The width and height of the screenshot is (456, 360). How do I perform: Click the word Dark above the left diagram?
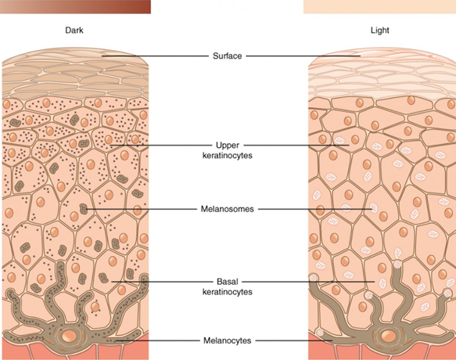click(74, 31)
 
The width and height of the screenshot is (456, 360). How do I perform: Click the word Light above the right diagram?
click(380, 31)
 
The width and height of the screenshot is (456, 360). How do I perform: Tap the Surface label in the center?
click(227, 56)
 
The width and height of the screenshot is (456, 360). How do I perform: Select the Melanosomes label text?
click(227, 209)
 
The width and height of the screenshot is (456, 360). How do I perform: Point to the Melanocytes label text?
click(227, 340)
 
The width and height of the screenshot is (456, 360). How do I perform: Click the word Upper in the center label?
click(228, 146)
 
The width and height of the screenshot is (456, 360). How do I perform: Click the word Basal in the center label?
click(228, 282)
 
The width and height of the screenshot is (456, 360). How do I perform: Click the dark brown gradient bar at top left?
click(75, 7)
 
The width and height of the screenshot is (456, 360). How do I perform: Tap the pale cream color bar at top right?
click(379, 7)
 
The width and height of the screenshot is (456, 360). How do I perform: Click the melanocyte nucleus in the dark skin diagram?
click(69, 336)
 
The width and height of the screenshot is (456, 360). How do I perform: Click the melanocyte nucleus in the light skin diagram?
click(388, 336)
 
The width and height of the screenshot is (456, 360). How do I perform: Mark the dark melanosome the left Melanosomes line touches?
click(84, 209)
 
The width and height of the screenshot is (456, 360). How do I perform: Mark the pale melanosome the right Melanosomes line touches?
click(374, 208)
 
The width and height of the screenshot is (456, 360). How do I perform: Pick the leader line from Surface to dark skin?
click(155, 56)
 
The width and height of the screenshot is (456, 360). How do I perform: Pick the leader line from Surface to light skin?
click(303, 56)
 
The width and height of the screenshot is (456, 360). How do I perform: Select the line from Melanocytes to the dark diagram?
click(157, 340)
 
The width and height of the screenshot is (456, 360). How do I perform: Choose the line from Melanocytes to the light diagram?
click(294, 340)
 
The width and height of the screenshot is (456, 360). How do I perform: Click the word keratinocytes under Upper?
click(227, 156)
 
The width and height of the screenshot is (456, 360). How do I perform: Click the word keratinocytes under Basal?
click(227, 292)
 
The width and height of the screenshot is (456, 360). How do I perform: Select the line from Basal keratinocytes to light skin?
click(308, 282)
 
